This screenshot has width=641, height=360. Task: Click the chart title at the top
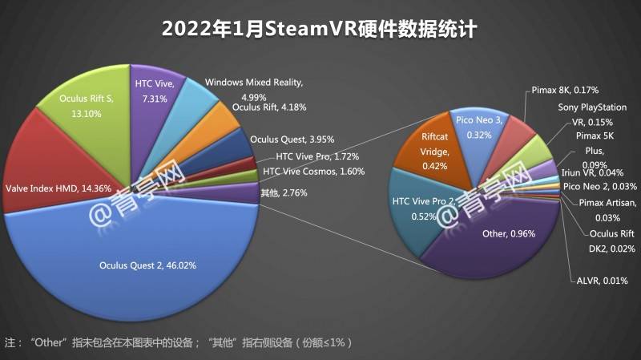pos(320,30)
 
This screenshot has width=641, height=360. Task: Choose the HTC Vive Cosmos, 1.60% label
pos(314,172)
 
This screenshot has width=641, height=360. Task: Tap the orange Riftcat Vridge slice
pos(433,153)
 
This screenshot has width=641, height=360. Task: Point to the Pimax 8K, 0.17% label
pos(565,90)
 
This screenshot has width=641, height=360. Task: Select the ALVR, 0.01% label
pos(596,281)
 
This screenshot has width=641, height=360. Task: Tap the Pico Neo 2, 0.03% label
pos(600,186)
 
